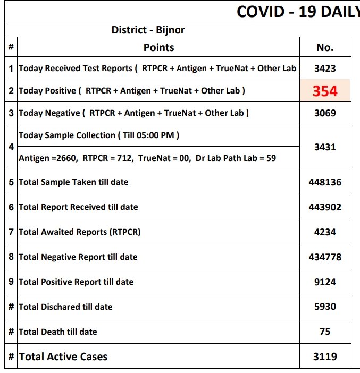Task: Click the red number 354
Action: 325,91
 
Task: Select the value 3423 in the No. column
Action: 325,69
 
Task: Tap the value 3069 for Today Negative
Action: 325,113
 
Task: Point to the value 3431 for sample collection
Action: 325,147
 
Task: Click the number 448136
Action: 325,182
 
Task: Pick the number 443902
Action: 325,207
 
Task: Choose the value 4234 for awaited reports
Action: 325,232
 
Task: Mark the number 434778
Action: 325,257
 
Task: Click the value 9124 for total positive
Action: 325,282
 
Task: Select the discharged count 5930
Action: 325,307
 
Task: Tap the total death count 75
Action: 325,332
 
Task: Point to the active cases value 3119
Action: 325,357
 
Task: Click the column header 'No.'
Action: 325,47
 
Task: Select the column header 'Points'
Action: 158,47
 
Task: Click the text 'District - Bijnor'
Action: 148,30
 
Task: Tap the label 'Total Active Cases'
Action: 63,357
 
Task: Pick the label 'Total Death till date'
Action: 58,332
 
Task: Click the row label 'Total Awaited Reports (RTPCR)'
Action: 80,232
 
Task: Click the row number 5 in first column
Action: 11,182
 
